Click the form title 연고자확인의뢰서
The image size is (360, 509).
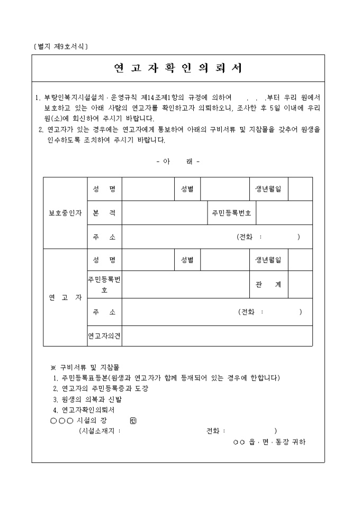click(x=178, y=68)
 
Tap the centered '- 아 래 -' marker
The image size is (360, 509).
click(x=178, y=161)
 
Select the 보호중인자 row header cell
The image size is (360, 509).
click(x=65, y=213)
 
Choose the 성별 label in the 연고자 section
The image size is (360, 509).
click(x=187, y=260)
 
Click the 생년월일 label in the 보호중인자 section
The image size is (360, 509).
click(x=268, y=189)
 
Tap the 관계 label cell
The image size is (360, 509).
click(x=268, y=285)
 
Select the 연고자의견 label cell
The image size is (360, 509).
click(x=104, y=335)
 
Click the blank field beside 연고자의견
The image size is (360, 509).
click(x=217, y=335)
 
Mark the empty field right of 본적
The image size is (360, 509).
click(x=164, y=213)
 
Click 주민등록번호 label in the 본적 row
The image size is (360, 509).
click(x=231, y=213)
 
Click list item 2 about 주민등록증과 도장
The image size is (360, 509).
click(x=101, y=389)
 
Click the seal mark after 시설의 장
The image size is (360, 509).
click(x=133, y=421)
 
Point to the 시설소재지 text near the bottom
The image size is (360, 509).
click(x=99, y=431)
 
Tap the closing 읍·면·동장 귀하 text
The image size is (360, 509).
click(x=269, y=442)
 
